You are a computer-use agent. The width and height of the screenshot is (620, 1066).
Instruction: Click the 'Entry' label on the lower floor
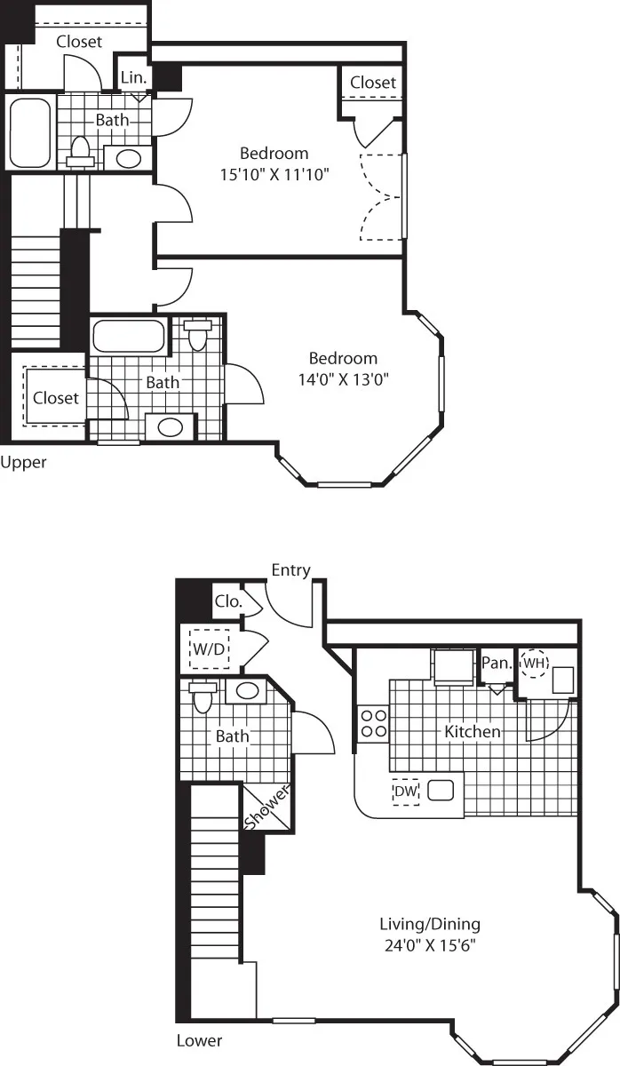point(291,570)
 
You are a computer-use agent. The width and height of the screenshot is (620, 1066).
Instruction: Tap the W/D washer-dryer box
point(210,648)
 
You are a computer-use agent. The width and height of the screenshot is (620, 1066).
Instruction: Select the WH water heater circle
point(535,663)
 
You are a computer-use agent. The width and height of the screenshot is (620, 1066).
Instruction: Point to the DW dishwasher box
point(405,792)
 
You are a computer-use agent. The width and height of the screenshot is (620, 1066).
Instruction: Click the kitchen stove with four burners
point(372,723)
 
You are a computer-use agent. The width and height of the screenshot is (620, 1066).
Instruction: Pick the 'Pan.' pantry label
point(495,663)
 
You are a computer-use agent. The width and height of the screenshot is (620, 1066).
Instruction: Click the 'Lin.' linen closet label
point(133,77)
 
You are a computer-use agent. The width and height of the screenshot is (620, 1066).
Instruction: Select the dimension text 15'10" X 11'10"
point(274,175)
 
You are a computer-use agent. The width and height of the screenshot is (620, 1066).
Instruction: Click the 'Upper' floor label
point(23,462)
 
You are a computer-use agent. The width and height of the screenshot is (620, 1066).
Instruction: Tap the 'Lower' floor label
point(199,1040)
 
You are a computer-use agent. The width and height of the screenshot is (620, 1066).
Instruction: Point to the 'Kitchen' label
point(473,732)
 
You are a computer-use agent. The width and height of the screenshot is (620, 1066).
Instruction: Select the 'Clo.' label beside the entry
point(227,601)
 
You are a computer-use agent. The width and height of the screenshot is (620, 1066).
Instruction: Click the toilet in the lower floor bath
point(203,697)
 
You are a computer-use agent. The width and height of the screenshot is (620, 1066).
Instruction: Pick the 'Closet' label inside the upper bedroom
point(372,82)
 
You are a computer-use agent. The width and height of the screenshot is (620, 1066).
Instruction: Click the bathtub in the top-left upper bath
point(31,133)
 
